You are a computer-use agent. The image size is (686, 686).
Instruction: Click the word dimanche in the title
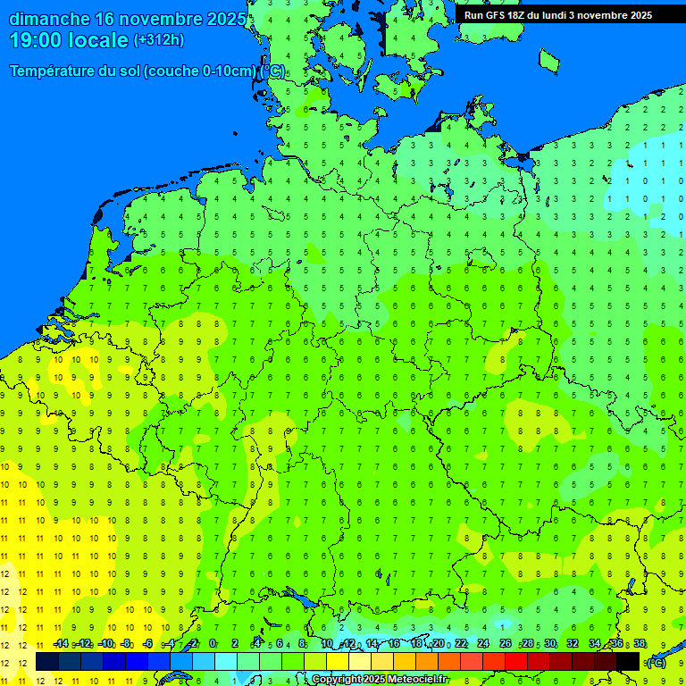tap(49, 19)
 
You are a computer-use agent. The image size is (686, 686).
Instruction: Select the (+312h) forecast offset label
tap(158, 40)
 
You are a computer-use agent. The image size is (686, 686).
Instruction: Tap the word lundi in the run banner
tap(553, 14)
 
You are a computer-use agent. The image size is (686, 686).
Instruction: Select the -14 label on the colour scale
tap(60, 644)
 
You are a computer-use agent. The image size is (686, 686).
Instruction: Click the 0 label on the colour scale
tap(213, 644)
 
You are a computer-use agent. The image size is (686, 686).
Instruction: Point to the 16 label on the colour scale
tap(394, 644)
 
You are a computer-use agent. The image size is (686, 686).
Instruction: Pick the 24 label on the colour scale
tap(483, 644)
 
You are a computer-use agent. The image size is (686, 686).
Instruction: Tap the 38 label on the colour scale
tap(639, 644)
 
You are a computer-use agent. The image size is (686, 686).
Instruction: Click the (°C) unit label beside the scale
tap(657, 662)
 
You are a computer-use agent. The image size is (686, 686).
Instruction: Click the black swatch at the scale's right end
tap(628, 661)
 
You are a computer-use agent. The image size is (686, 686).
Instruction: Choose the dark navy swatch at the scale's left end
tap(47, 661)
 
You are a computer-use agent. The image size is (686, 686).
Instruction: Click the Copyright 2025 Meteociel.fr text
tap(379, 680)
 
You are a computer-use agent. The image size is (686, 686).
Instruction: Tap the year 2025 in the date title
tap(226, 19)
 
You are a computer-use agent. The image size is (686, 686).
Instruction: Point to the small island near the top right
tap(548, 59)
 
